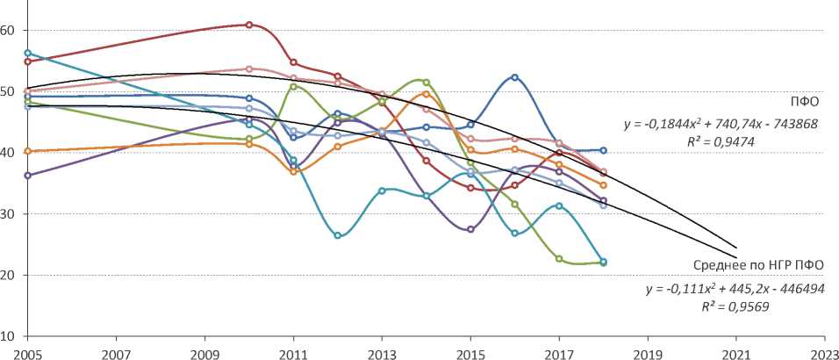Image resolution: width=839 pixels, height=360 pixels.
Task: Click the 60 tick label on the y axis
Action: click(8, 30)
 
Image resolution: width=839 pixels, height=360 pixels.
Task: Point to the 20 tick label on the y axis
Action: click(8, 275)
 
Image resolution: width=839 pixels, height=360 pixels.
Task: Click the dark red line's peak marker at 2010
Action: click(249, 25)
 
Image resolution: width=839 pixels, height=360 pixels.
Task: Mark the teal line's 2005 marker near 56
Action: click(28, 54)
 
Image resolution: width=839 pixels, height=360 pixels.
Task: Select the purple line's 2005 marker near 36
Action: click(28, 176)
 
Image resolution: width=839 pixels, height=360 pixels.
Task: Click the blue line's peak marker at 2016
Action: click(515, 77)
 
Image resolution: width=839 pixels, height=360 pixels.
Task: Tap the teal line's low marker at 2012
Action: click(338, 235)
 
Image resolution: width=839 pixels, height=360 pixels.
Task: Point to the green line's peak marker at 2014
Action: click(427, 83)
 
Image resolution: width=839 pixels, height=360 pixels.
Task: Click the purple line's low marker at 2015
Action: click(471, 229)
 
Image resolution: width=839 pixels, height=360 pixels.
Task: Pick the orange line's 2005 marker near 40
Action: click(28, 151)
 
